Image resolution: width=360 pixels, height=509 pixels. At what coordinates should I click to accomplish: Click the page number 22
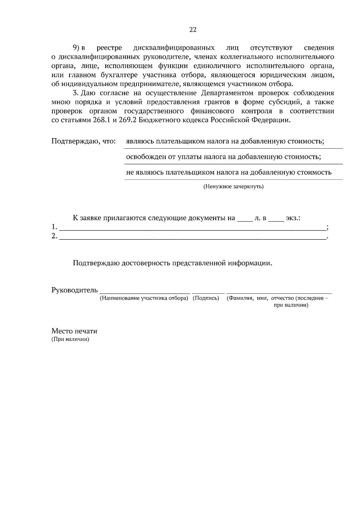coord(193,29)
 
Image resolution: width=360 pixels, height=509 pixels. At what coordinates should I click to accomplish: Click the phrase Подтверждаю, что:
coord(84,141)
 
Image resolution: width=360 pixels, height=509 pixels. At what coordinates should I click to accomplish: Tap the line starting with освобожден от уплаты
coord(223,157)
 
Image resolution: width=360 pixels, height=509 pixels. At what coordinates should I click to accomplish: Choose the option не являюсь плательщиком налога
coord(229,172)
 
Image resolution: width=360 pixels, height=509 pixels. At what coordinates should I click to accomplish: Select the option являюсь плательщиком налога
coord(225,141)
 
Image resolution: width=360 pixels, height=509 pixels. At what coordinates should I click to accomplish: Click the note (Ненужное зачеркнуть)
coord(233,187)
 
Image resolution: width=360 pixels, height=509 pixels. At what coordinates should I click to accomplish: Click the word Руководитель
coord(75,290)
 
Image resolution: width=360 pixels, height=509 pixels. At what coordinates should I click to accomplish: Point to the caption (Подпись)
coord(206,298)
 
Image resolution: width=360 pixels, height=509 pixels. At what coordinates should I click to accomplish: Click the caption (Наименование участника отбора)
coord(144,298)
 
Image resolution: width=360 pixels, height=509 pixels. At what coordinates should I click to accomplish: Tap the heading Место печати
coord(74,331)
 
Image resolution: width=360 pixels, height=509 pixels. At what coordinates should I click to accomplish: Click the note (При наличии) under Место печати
coord(70,340)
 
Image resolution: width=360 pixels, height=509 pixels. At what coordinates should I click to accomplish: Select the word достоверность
coord(146,263)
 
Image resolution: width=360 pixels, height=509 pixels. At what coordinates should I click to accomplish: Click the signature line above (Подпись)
coord(208,292)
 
